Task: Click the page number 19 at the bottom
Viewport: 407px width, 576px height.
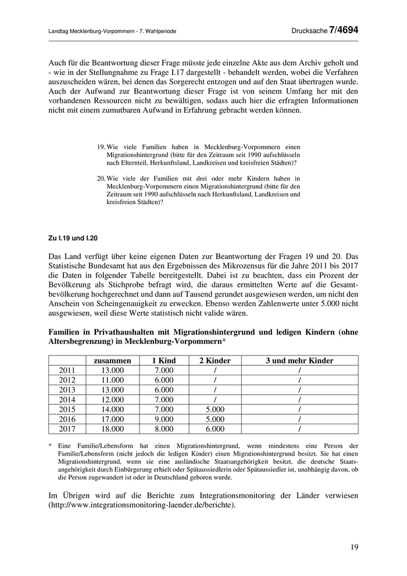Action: click(354, 547)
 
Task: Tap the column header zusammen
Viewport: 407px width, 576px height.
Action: click(112, 361)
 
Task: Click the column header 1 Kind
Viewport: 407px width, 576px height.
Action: click(164, 361)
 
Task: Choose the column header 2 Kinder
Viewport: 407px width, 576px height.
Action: click(215, 361)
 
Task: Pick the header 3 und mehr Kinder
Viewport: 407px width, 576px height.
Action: click(299, 361)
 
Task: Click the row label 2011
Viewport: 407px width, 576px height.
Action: click(67, 370)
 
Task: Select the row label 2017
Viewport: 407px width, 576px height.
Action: click(67, 429)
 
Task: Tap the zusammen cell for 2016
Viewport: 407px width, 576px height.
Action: click(112, 419)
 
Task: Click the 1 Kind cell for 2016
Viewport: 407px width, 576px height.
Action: click(164, 419)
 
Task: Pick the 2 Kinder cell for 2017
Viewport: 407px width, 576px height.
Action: click(215, 429)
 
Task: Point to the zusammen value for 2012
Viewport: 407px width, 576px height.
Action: click(112, 380)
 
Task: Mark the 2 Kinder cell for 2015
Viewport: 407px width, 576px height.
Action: click(215, 410)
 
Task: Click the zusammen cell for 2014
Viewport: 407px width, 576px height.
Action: click(112, 400)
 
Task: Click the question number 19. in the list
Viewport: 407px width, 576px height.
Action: click(101, 148)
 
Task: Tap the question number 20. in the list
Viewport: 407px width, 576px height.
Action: click(101, 178)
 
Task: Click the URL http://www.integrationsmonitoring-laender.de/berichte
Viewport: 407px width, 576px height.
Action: click(142, 505)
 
